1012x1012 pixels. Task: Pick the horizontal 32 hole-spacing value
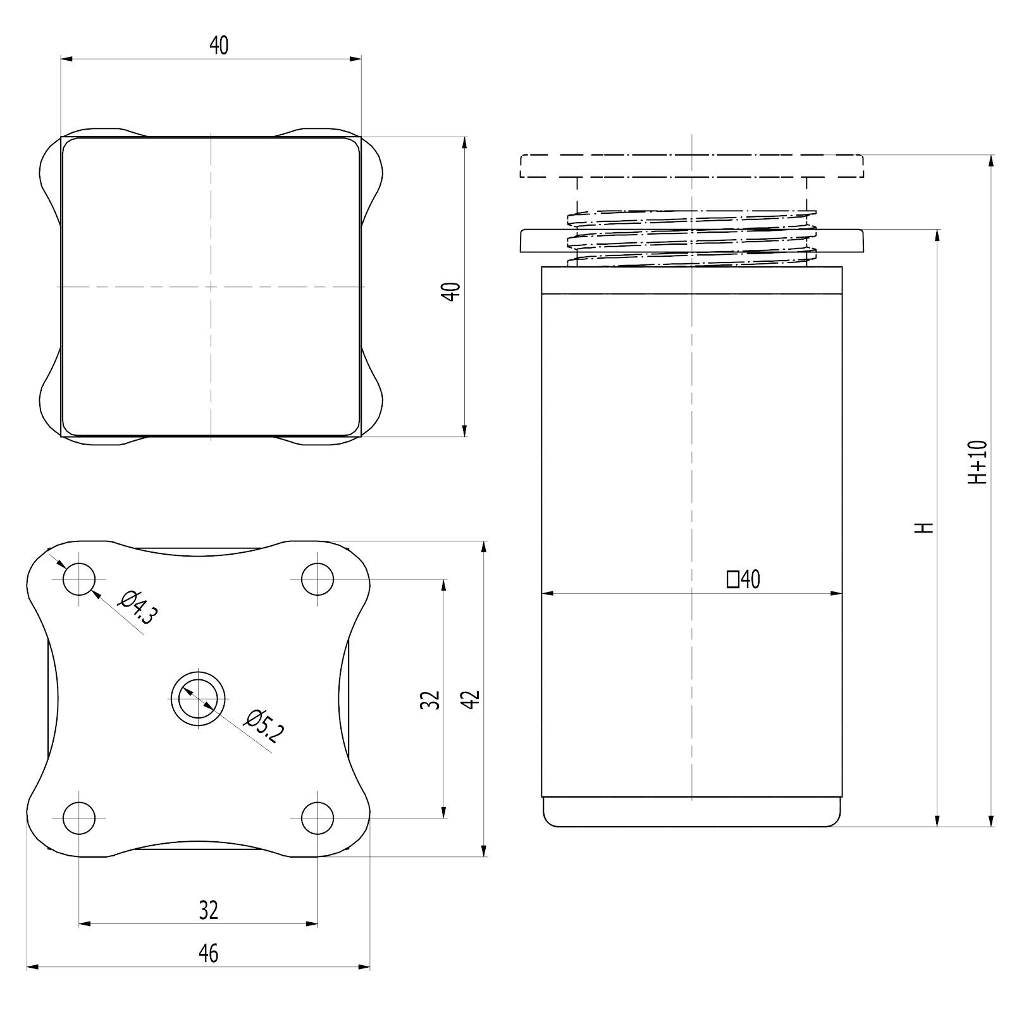(x=208, y=910)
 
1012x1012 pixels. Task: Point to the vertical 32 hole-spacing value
(x=431, y=699)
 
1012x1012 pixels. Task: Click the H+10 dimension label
(x=978, y=462)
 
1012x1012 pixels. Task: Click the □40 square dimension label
(x=744, y=579)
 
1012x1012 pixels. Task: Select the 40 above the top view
(x=219, y=46)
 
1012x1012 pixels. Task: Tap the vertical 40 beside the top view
(x=452, y=292)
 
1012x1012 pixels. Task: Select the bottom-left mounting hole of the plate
(x=79, y=818)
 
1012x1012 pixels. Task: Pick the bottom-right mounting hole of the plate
(x=318, y=818)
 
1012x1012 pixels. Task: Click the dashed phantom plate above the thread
(x=692, y=166)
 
